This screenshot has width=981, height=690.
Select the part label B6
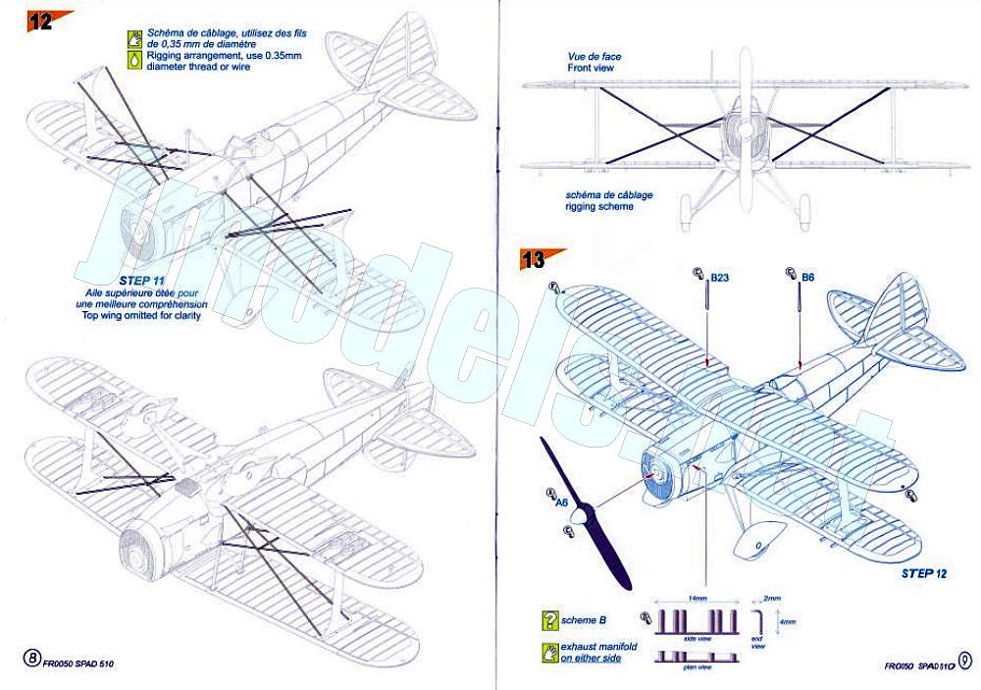pos(807,278)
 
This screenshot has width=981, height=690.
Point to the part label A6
pos(561,504)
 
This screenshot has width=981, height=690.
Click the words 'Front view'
pos(594,71)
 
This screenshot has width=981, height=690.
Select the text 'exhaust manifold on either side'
pos(599,655)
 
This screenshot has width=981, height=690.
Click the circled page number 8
pos(31,659)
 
